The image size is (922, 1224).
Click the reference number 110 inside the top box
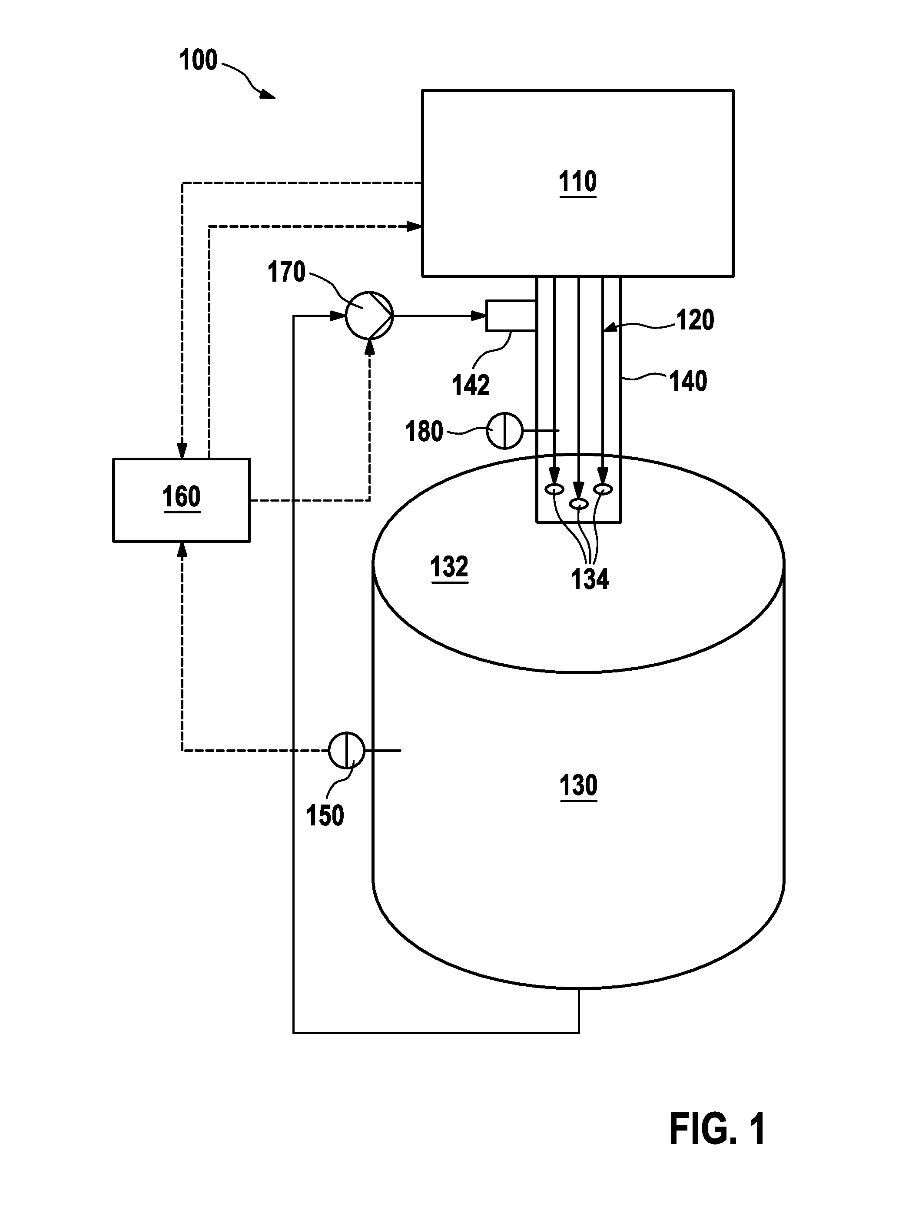(577, 182)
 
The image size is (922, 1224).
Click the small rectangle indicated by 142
(511, 316)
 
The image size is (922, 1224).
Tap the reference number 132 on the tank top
(449, 567)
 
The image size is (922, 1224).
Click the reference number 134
(590, 579)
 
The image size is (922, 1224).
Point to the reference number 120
(695, 320)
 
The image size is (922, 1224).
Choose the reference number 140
(688, 381)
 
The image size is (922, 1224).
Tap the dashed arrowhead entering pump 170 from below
(369, 347)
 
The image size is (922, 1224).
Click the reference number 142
(471, 386)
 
